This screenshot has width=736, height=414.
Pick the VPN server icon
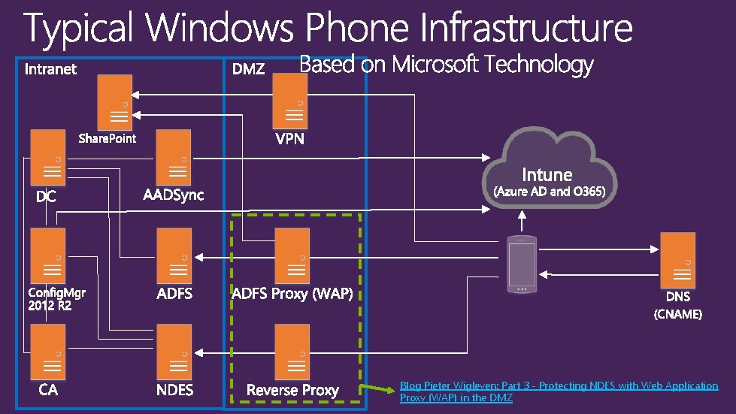(x=290, y=101)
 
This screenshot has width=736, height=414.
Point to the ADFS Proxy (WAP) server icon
(x=292, y=256)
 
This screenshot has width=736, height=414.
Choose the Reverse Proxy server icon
(x=292, y=352)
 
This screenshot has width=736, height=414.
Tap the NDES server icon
(x=174, y=352)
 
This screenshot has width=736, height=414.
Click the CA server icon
(x=47, y=352)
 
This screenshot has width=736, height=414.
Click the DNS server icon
(x=677, y=259)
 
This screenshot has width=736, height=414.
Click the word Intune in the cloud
(x=547, y=174)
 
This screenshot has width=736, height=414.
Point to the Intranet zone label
(x=51, y=69)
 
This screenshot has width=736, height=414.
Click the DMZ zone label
(x=248, y=69)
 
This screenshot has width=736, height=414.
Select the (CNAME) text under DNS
(x=677, y=314)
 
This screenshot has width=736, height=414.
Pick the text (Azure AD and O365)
(x=549, y=192)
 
